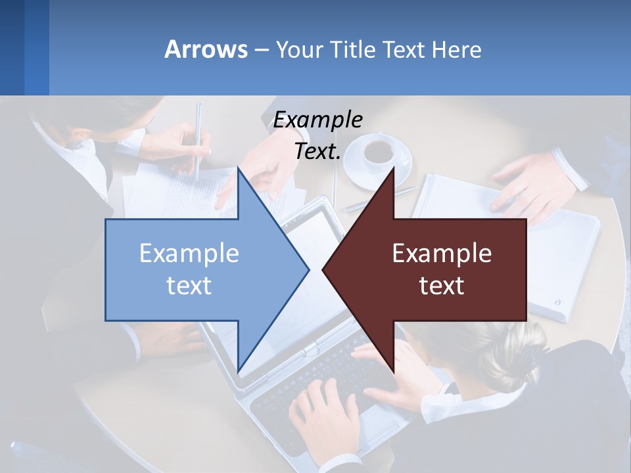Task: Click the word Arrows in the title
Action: [206, 49]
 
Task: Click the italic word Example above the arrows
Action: [317, 120]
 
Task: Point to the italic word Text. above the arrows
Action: [317, 152]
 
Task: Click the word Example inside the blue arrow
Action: [189, 254]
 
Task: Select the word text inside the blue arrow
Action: [189, 286]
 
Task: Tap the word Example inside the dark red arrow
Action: [442, 254]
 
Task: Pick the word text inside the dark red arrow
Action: [442, 286]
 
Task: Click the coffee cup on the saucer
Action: [378, 151]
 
